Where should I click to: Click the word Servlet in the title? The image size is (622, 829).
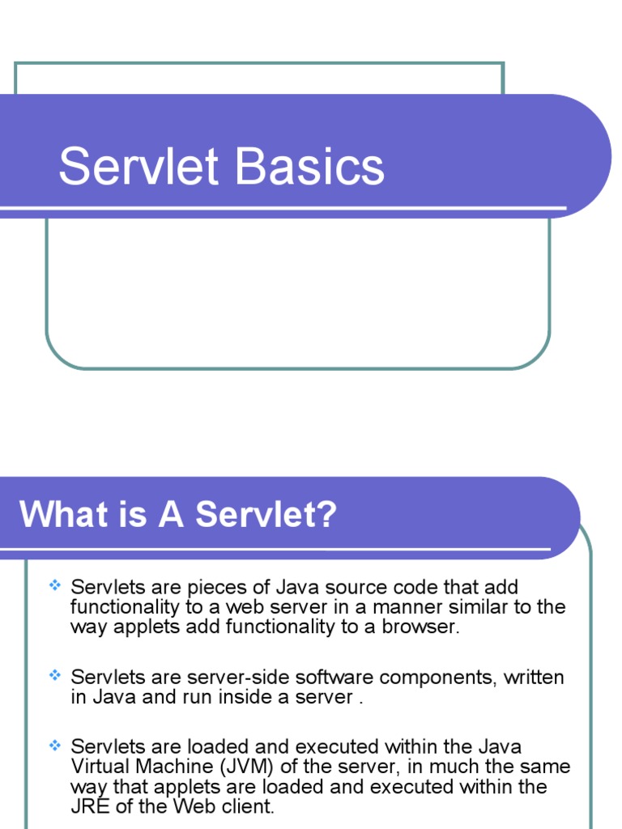point(138,167)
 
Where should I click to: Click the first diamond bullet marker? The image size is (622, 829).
point(54,585)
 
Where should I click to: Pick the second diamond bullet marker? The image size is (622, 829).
point(54,674)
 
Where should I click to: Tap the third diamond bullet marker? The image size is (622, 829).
point(54,744)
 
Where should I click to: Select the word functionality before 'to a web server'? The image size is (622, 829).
point(126,607)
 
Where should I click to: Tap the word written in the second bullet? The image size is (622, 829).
point(534,677)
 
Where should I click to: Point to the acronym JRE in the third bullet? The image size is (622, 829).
point(87,806)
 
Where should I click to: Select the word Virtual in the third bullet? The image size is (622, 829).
point(98,767)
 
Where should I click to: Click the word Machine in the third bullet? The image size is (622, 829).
point(170,767)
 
